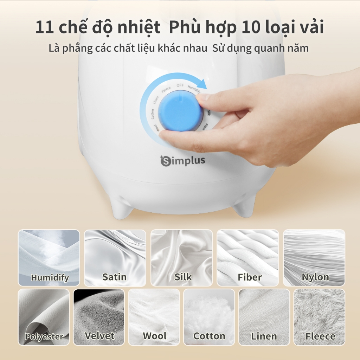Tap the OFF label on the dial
pyautogui.click(x=180, y=85)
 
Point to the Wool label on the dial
pyautogui.click(x=157, y=128)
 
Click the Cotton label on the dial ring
pyautogui.click(x=152, y=114)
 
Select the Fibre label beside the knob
pyautogui.click(x=205, y=127)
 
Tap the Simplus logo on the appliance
pyautogui.click(x=182, y=161)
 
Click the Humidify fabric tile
pyautogui.click(x=49, y=258)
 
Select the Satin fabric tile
pyautogui.click(x=115, y=258)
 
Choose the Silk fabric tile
pyautogui.click(x=181, y=258)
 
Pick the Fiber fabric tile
pyautogui.click(x=248, y=258)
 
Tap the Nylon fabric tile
pyautogui.click(x=314, y=258)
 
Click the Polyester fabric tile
pyautogui.click(x=44, y=317)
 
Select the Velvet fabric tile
pyautogui.click(x=99, y=317)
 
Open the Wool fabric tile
pyautogui.click(x=154, y=317)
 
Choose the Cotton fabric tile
pyautogui.click(x=209, y=317)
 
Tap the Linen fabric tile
pyautogui.click(x=264, y=317)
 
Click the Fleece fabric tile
pyautogui.click(x=319, y=317)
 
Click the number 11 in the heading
pyautogui.click(x=45, y=27)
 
